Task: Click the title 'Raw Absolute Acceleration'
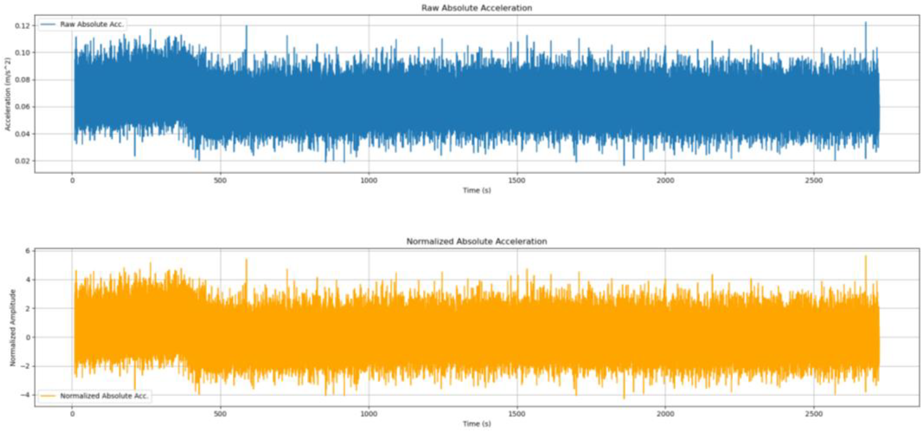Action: click(476, 8)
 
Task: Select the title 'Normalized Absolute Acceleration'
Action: click(476, 241)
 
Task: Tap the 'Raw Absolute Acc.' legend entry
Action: click(92, 25)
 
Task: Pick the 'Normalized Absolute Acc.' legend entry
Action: click(104, 396)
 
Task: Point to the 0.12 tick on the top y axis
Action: click(22, 26)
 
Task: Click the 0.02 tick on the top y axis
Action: click(22, 161)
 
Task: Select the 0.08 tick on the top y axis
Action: click(22, 80)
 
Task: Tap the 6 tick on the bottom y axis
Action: click(28, 251)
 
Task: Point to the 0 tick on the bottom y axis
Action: click(28, 337)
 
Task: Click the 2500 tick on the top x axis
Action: click(813, 181)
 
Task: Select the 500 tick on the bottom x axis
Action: click(220, 414)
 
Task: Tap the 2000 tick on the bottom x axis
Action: click(665, 414)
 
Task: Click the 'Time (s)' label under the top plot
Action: click(476, 190)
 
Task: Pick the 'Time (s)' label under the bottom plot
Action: click(476, 424)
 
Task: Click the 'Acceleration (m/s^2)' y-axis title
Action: click(8, 94)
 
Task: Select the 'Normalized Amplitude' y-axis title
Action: click(13, 327)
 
